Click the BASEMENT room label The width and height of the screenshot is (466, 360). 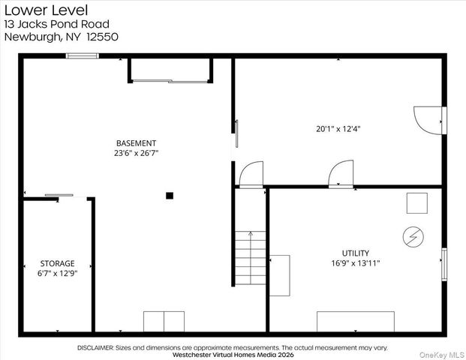click(136, 143)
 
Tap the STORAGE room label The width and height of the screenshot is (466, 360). click(57, 263)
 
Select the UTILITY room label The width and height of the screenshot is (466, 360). click(356, 253)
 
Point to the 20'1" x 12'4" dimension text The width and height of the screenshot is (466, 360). click(338, 129)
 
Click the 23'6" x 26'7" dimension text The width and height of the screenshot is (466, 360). click(136, 153)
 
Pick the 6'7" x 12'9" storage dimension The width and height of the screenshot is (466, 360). click(57, 273)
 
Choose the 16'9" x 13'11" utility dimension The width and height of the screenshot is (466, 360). click(356, 263)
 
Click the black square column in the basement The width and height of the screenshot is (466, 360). click(170, 196)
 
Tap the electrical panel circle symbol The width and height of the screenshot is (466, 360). click(413, 237)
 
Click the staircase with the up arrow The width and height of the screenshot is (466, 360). click(251, 257)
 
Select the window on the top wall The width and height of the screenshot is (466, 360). click(83, 55)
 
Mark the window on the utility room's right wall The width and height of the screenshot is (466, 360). click(444, 264)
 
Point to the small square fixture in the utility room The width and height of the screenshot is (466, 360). click(417, 203)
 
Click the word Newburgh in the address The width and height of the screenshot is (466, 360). click(32, 37)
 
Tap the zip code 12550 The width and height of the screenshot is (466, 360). click(103, 37)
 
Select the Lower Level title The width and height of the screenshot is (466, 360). click(46, 10)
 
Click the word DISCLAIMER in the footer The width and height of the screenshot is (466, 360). click(95, 347)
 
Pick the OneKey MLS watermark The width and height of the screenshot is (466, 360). click(442, 355)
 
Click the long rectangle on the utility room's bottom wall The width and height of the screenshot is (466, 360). click(356, 322)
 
